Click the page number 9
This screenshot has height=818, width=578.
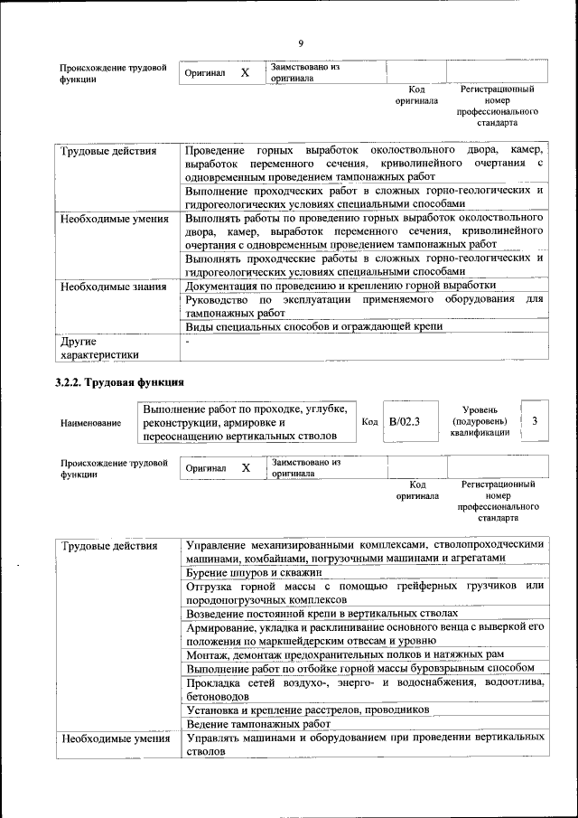coord(301,44)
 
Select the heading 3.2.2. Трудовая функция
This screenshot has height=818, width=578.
coord(119,382)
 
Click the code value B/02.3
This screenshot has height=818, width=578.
coord(405,421)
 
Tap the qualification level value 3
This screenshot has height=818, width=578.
coord(535,421)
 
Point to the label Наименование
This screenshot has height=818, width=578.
coord(91,422)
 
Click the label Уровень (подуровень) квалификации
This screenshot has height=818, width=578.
coord(480,421)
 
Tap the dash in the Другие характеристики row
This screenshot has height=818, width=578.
coord(187,343)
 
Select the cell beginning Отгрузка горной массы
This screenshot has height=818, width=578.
coord(364,592)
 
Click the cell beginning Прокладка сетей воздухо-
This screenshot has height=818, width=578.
coord(364,689)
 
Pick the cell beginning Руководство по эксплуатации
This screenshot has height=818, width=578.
coord(364,306)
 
